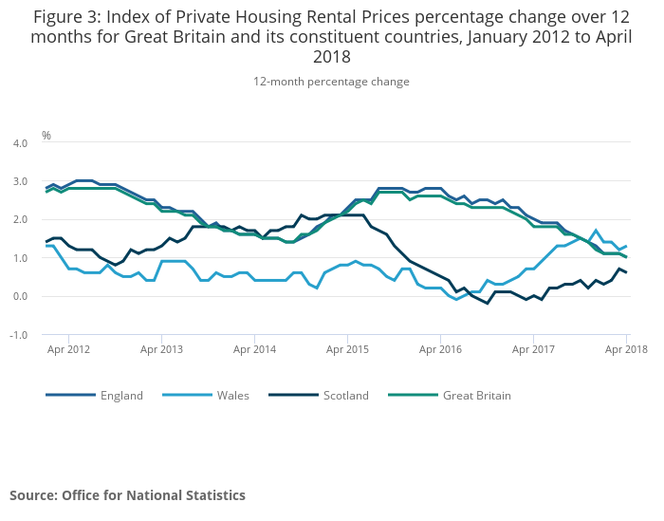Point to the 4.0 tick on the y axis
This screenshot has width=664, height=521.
point(19,142)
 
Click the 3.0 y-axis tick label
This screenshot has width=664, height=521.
point(19,181)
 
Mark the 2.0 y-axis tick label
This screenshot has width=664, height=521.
point(19,219)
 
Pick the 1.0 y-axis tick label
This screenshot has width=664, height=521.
point(19,258)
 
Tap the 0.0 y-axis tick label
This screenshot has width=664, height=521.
point(19,296)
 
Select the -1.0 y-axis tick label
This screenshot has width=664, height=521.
point(18,335)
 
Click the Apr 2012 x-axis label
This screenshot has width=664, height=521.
point(69,349)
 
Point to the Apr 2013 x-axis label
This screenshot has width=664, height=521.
point(161,349)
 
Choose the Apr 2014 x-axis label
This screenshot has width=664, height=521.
point(254,349)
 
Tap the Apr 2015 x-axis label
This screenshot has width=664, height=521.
point(347,349)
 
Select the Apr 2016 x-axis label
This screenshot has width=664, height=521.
point(440,349)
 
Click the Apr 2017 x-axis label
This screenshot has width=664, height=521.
point(533,349)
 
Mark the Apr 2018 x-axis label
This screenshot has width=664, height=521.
point(626,349)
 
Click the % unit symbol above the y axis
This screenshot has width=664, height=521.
point(46,136)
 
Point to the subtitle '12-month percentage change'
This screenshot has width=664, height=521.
point(331,82)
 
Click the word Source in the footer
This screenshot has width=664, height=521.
point(33,495)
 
